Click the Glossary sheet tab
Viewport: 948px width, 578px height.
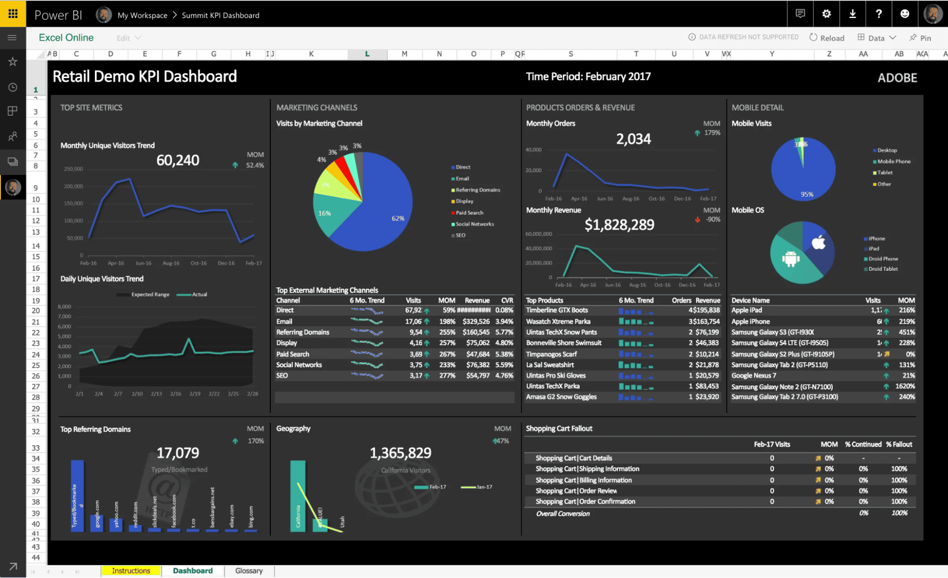point(249,570)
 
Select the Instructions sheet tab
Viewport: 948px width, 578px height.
point(131,570)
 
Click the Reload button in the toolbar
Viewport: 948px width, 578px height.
point(827,38)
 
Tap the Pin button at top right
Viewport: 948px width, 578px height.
point(920,38)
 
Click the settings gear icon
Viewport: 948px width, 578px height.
point(826,14)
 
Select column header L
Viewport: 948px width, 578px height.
point(367,54)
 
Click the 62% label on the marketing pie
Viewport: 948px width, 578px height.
point(398,219)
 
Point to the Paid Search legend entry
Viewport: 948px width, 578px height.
point(469,213)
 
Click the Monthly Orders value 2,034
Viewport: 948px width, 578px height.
point(633,139)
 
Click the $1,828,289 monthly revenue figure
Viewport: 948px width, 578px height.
point(619,225)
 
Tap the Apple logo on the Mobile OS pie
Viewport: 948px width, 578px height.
point(819,243)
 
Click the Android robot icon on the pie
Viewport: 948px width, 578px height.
point(791,258)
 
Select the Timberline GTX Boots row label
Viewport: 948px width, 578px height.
point(557,310)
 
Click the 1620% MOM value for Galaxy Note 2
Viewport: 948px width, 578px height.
point(905,386)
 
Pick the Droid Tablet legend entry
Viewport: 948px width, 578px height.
point(883,269)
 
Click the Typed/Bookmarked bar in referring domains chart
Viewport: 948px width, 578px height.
point(77,495)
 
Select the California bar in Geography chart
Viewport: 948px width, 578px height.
point(298,495)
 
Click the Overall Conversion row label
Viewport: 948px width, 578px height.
point(562,514)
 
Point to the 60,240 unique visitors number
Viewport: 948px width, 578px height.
point(178,160)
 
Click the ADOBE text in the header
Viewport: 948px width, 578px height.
point(897,78)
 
